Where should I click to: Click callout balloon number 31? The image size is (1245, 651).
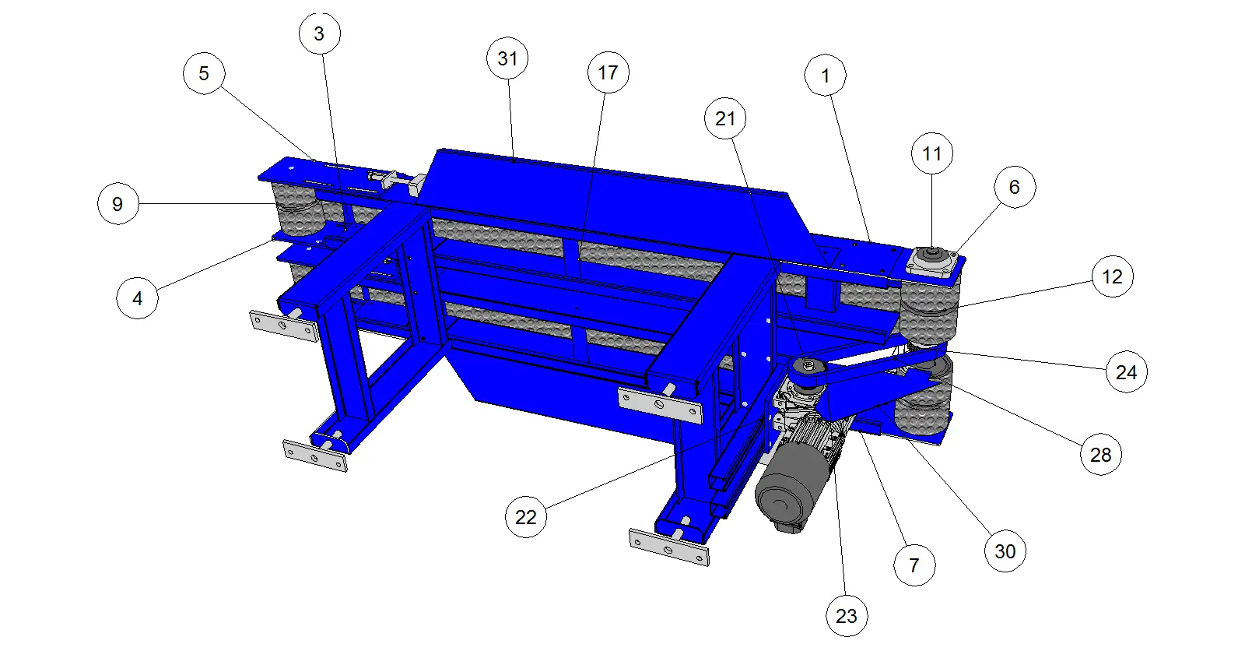click(507, 58)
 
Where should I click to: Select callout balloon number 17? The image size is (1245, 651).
click(608, 72)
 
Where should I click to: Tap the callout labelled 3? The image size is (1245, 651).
click(320, 33)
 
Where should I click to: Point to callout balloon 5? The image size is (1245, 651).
click(204, 73)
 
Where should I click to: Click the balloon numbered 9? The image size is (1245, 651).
click(117, 204)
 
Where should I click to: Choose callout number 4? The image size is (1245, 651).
click(137, 298)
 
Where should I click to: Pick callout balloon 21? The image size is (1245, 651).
click(725, 118)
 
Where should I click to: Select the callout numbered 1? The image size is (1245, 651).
click(826, 75)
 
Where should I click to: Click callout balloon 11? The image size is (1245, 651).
click(932, 153)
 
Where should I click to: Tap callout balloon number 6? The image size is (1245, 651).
click(1015, 187)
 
